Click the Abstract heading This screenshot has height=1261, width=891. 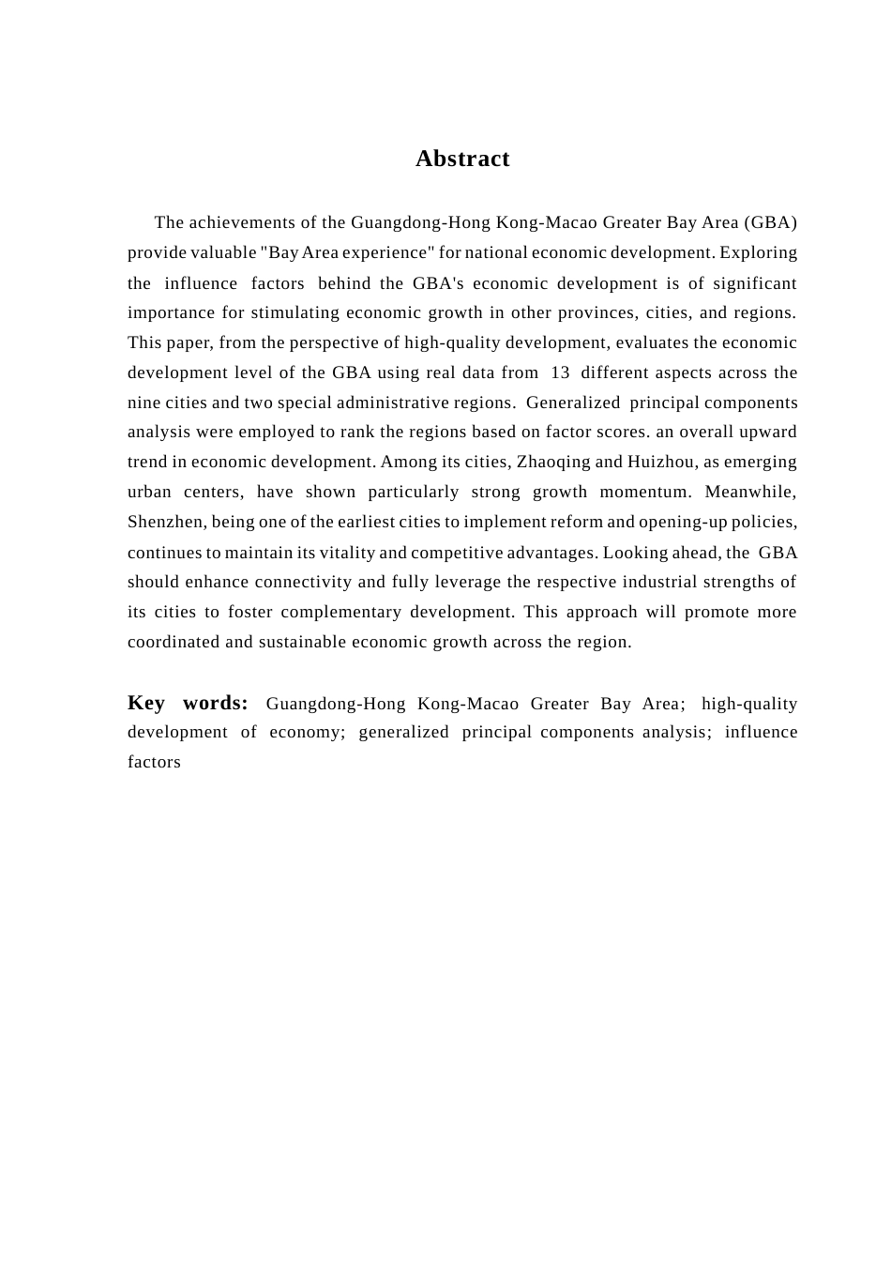[x=462, y=159]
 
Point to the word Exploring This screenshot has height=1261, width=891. [x=758, y=252]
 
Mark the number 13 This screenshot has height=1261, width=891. [x=560, y=372]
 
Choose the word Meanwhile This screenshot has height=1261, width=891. [x=750, y=492]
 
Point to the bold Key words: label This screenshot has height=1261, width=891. [x=188, y=703]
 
